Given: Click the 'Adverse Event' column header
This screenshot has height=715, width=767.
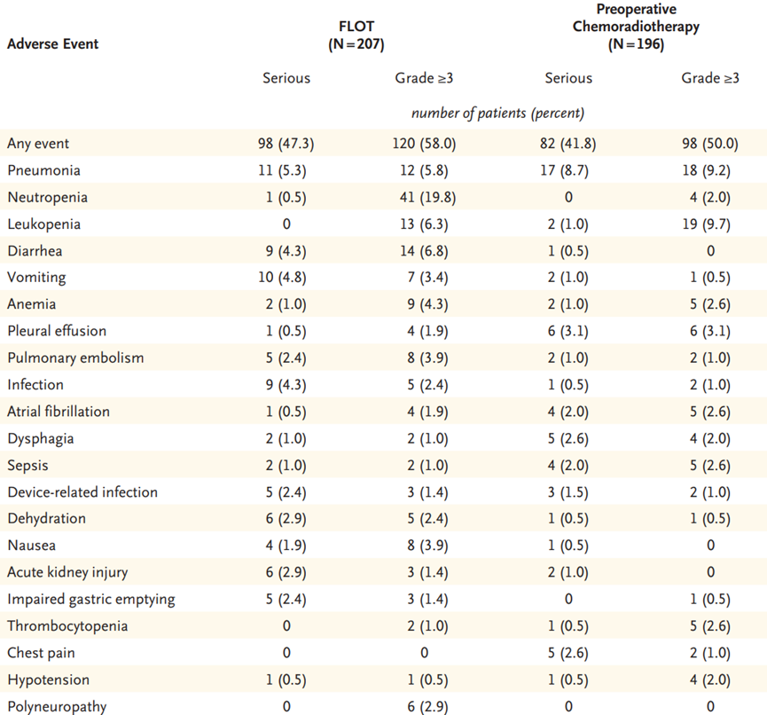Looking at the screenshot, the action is point(53,44).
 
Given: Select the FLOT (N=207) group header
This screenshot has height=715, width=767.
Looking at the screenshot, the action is point(356,35).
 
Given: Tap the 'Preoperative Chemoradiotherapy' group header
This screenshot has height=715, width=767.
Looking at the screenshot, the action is point(636,27).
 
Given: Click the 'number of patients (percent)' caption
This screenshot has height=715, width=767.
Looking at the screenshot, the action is point(497,113).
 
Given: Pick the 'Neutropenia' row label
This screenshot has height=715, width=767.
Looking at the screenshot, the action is point(48,197).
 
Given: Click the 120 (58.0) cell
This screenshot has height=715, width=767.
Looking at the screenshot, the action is point(424,144).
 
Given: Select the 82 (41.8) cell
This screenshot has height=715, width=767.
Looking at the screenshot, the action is point(567,144).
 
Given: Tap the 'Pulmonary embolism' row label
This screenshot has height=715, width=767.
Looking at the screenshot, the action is point(76,357).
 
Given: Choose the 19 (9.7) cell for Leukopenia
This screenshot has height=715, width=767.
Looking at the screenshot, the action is point(709,224).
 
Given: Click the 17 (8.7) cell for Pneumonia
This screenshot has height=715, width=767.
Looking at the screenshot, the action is point(567,170).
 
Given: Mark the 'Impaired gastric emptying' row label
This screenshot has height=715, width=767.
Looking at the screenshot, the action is point(91,600).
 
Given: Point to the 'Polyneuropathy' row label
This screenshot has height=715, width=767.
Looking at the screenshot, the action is point(57,707).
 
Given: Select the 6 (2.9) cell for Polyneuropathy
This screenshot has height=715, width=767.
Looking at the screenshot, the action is point(427,707).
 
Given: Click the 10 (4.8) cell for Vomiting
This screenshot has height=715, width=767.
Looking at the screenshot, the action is point(282,278).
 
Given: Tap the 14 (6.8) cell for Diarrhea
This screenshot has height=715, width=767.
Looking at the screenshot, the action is point(424,251).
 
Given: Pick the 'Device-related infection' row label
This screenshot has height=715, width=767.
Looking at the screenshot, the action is point(82,491).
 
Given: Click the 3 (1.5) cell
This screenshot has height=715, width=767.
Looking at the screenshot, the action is point(567,491).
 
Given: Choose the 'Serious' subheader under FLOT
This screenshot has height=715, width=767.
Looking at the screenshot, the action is point(286,78).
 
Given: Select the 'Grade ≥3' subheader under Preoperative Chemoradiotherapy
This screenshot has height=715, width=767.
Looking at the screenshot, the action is point(710,78).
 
